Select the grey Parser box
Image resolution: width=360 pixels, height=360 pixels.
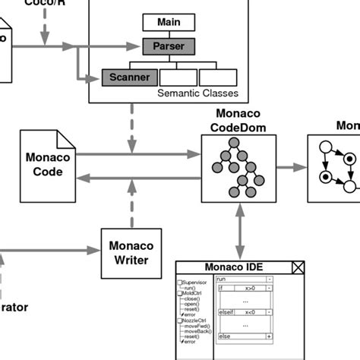tap(169, 47)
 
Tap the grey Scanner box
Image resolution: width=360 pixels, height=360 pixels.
tap(130, 77)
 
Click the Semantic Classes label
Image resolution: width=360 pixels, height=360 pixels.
tap(197, 93)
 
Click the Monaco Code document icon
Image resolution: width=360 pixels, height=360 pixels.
tap(48, 164)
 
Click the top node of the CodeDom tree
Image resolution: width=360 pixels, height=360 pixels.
tap(237, 145)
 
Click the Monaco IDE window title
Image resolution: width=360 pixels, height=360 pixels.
tap(233, 267)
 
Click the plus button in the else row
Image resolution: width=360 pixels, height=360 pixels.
tap(268, 336)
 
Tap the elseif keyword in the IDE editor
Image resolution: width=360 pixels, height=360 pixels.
tap(226, 312)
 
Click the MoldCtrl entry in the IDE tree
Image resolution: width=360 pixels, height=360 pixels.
tap(193, 293)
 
